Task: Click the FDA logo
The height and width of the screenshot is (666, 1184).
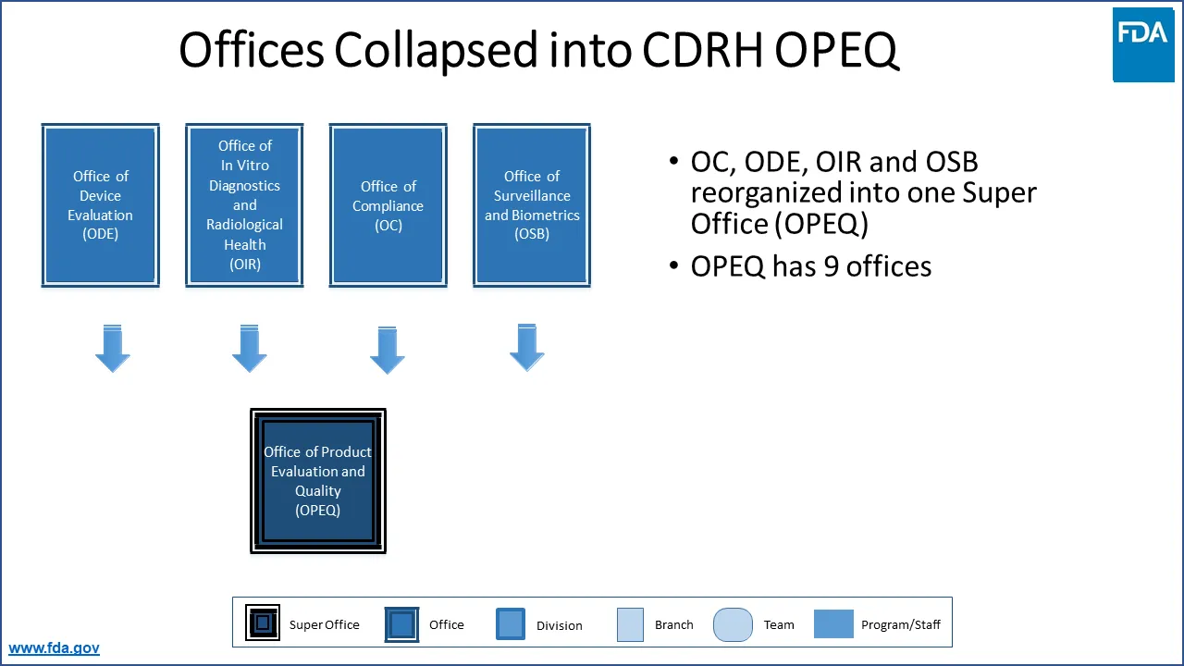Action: pos(1142,43)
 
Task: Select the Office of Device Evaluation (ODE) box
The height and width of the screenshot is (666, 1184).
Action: pos(101,205)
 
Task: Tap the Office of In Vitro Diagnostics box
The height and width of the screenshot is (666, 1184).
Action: pos(244,205)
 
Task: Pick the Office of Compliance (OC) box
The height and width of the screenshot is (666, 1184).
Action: pos(388,205)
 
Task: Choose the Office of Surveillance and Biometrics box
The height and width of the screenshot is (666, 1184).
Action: pos(532,205)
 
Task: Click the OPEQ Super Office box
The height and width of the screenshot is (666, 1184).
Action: pos(318,481)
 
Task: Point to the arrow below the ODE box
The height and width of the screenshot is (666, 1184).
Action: pos(113,349)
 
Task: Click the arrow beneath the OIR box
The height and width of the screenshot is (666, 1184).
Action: pos(249,349)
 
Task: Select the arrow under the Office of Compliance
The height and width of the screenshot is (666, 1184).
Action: pos(388,350)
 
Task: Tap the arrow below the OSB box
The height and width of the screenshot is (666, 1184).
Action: pos(527,348)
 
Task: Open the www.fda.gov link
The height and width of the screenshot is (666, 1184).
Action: pos(54,648)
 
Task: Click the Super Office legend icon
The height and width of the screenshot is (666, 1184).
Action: pos(263,623)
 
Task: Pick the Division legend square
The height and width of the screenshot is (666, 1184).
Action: pos(511,623)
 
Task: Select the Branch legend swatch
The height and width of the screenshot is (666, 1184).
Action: pos(630,624)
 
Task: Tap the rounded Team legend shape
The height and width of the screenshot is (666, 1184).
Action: pos(733,624)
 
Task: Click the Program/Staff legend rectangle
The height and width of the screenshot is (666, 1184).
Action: pos(833,623)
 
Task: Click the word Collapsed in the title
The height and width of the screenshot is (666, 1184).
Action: pos(436,51)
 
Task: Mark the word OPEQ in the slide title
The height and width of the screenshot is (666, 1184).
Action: pos(836,51)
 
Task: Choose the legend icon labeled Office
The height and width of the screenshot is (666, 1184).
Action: pos(401,624)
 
